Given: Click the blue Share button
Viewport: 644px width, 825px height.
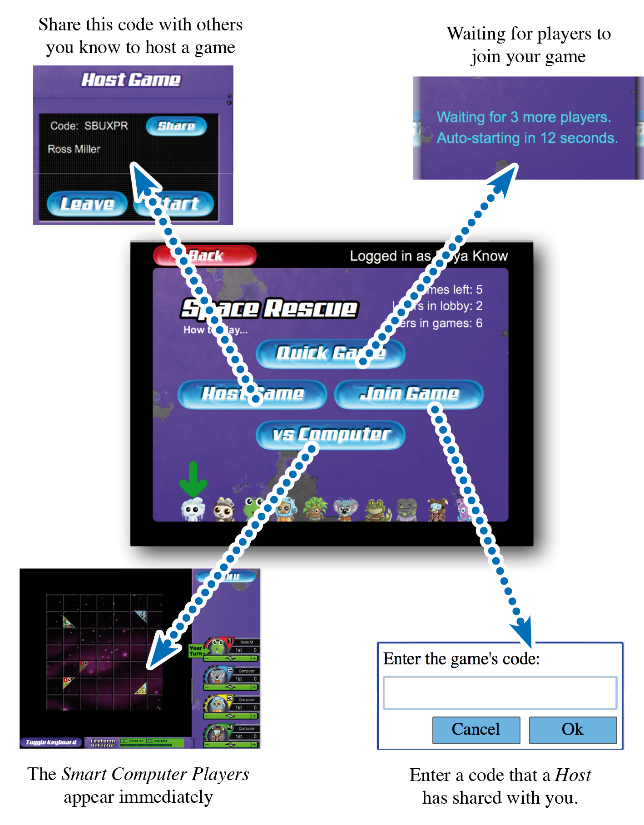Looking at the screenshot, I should pyautogui.click(x=176, y=126).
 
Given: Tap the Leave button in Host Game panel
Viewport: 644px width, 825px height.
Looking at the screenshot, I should pyautogui.click(x=87, y=204).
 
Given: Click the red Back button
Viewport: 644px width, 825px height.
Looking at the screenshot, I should pyautogui.click(x=205, y=256).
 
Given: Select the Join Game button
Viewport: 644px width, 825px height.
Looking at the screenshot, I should pyautogui.click(x=409, y=394).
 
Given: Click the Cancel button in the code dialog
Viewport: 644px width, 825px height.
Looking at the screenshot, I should pyautogui.click(x=476, y=729).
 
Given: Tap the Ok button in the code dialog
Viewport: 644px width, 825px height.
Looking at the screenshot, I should pyautogui.click(x=572, y=729).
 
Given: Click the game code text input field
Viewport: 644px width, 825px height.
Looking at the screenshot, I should pyautogui.click(x=500, y=692).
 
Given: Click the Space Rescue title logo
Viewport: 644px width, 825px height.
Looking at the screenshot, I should pyautogui.click(x=269, y=309).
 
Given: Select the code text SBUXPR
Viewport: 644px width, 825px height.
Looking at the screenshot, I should pyautogui.click(x=106, y=126).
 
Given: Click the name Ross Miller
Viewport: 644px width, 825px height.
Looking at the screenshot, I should pyautogui.click(x=74, y=149).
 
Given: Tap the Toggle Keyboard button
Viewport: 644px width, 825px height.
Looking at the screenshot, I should pyautogui.click(x=51, y=742).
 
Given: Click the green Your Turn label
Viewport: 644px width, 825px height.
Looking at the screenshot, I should pyautogui.click(x=196, y=651).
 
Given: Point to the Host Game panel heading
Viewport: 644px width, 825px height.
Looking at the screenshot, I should pyautogui.click(x=131, y=80).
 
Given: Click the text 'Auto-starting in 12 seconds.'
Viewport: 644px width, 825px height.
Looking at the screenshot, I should pyautogui.click(x=527, y=138).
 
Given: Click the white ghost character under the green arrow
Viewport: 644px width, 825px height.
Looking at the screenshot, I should pyautogui.click(x=193, y=510).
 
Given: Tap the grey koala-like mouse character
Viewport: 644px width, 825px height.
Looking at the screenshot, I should pyautogui.click(x=345, y=509).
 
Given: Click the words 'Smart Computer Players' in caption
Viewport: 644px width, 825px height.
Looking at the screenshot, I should pyautogui.click(x=155, y=774).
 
